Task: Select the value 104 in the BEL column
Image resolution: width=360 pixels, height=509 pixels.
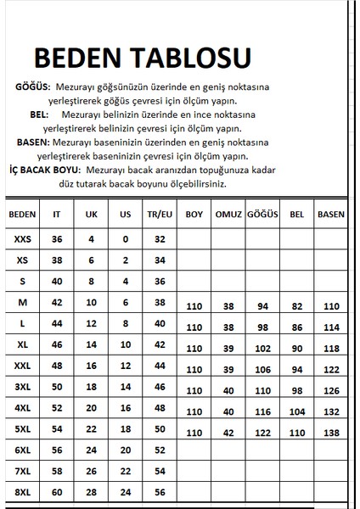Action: [296, 411]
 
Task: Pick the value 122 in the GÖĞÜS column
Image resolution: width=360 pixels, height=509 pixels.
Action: [262, 433]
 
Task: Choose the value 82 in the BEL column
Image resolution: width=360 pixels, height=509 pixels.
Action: [296, 305]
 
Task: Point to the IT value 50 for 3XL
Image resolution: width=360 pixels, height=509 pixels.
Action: [58, 387]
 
